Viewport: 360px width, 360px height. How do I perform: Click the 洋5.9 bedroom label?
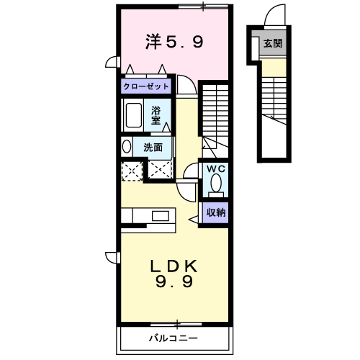(174, 42)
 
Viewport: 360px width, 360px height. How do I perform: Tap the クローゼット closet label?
(146, 86)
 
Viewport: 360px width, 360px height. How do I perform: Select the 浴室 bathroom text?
(156, 116)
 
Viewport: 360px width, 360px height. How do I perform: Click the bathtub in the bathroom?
(134, 115)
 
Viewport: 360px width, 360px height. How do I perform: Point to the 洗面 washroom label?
(153, 148)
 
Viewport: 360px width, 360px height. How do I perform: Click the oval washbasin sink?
(127, 146)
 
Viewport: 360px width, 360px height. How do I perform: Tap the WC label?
(216, 169)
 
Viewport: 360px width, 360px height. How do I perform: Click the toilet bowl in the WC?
(216, 183)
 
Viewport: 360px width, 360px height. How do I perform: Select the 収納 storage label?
(216, 212)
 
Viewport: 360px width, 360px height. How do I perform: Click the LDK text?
(174, 266)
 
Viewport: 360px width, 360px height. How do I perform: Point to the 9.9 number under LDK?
(174, 282)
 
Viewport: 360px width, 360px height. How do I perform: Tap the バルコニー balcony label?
(174, 338)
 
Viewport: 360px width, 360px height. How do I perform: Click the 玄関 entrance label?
(273, 43)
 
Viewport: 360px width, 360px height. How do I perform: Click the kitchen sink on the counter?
(161, 216)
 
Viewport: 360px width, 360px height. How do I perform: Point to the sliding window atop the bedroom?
(203, 6)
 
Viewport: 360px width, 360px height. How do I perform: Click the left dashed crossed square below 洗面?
(132, 171)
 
